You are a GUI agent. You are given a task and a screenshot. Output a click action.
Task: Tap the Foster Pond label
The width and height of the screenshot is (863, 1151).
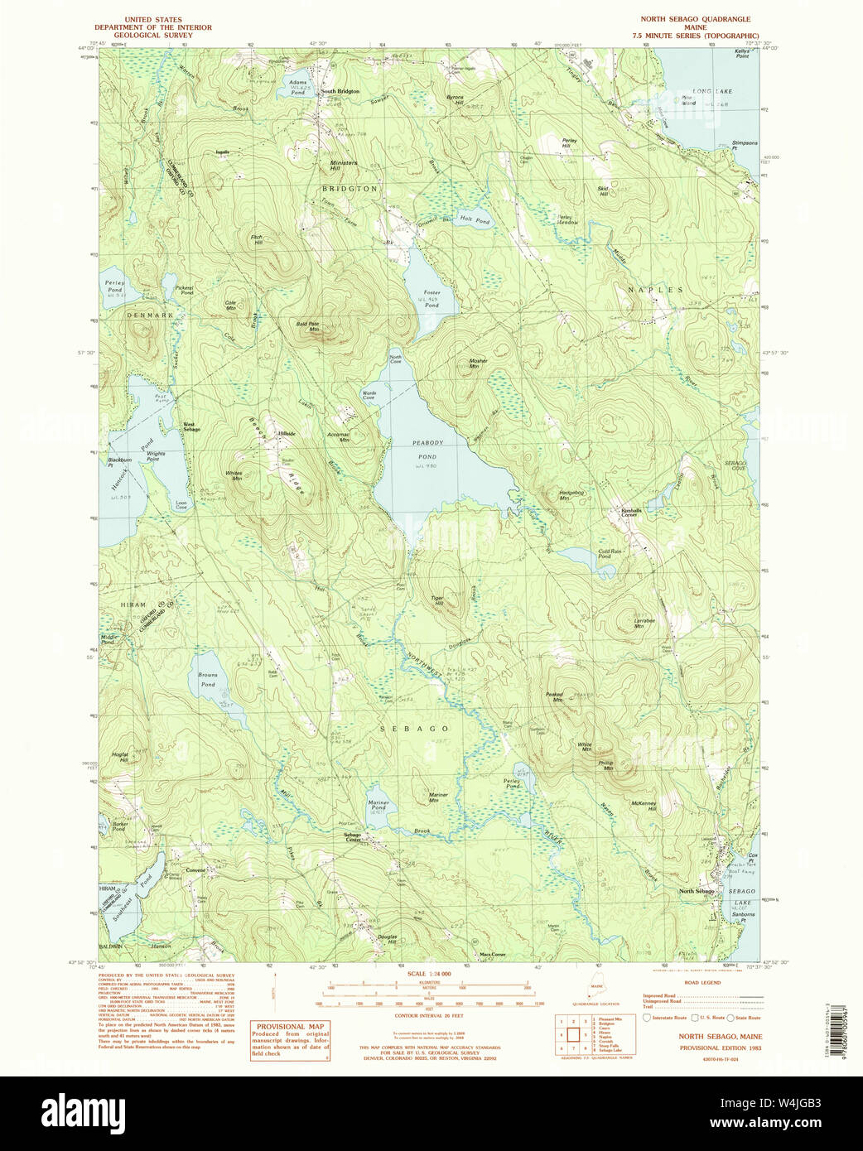(x=431, y=299)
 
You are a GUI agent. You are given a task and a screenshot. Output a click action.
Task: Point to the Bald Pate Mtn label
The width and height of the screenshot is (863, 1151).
(x=307, y=326)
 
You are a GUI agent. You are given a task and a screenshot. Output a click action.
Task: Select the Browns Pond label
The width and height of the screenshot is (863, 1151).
(x=208, y=680)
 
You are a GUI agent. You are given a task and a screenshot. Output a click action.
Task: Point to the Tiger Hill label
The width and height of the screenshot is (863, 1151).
(x=437, y=600)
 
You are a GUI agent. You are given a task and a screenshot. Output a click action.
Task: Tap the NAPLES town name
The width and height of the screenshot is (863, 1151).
(x=655, y=290)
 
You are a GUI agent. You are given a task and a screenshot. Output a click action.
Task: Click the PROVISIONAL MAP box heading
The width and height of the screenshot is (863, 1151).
(x=290, y=1026)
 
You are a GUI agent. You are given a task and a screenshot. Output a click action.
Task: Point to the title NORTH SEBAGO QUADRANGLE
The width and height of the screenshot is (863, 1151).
(x=695, y=19)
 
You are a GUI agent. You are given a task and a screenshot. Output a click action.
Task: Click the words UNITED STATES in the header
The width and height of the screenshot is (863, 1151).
(x=152, y=19)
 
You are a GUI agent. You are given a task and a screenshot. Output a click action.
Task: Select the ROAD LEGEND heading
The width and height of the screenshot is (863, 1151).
(x=701, y=983)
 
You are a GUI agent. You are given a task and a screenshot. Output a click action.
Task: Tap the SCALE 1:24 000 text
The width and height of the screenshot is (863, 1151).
(x=428, y=974)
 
